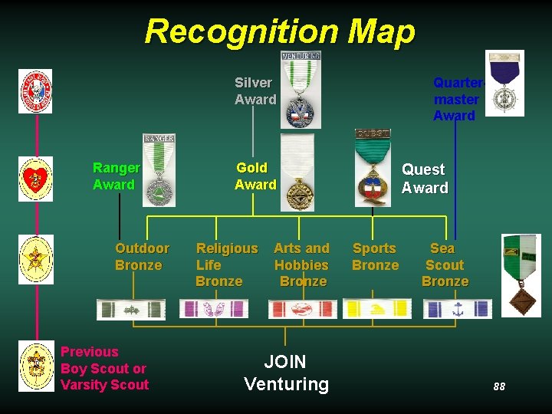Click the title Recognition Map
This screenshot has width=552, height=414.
coord(279,32)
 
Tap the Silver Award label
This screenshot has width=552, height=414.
coord(255,91)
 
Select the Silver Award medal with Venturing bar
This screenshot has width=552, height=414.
coord(301,90)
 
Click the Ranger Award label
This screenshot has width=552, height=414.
coord(116,176)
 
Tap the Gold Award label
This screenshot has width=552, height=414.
coord(255,176)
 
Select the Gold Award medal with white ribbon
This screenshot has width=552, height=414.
coord(297,173)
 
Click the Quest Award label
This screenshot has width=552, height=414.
coord(425,179)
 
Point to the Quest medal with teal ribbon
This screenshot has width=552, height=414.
coord(373,168)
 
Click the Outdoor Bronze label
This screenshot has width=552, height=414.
coord(141,257)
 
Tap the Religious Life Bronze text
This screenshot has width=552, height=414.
coord(226,264)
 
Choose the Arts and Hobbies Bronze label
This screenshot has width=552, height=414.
coord(302,264)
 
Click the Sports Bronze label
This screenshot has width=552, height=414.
coord(375,257)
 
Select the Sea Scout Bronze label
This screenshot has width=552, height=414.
coord(445,264)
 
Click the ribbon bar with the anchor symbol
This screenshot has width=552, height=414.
coord(457,309)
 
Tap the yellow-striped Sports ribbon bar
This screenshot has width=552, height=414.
coord(376,308)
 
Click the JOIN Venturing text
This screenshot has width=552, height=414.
coord(286,373)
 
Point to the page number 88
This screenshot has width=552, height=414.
coord(499,386)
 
